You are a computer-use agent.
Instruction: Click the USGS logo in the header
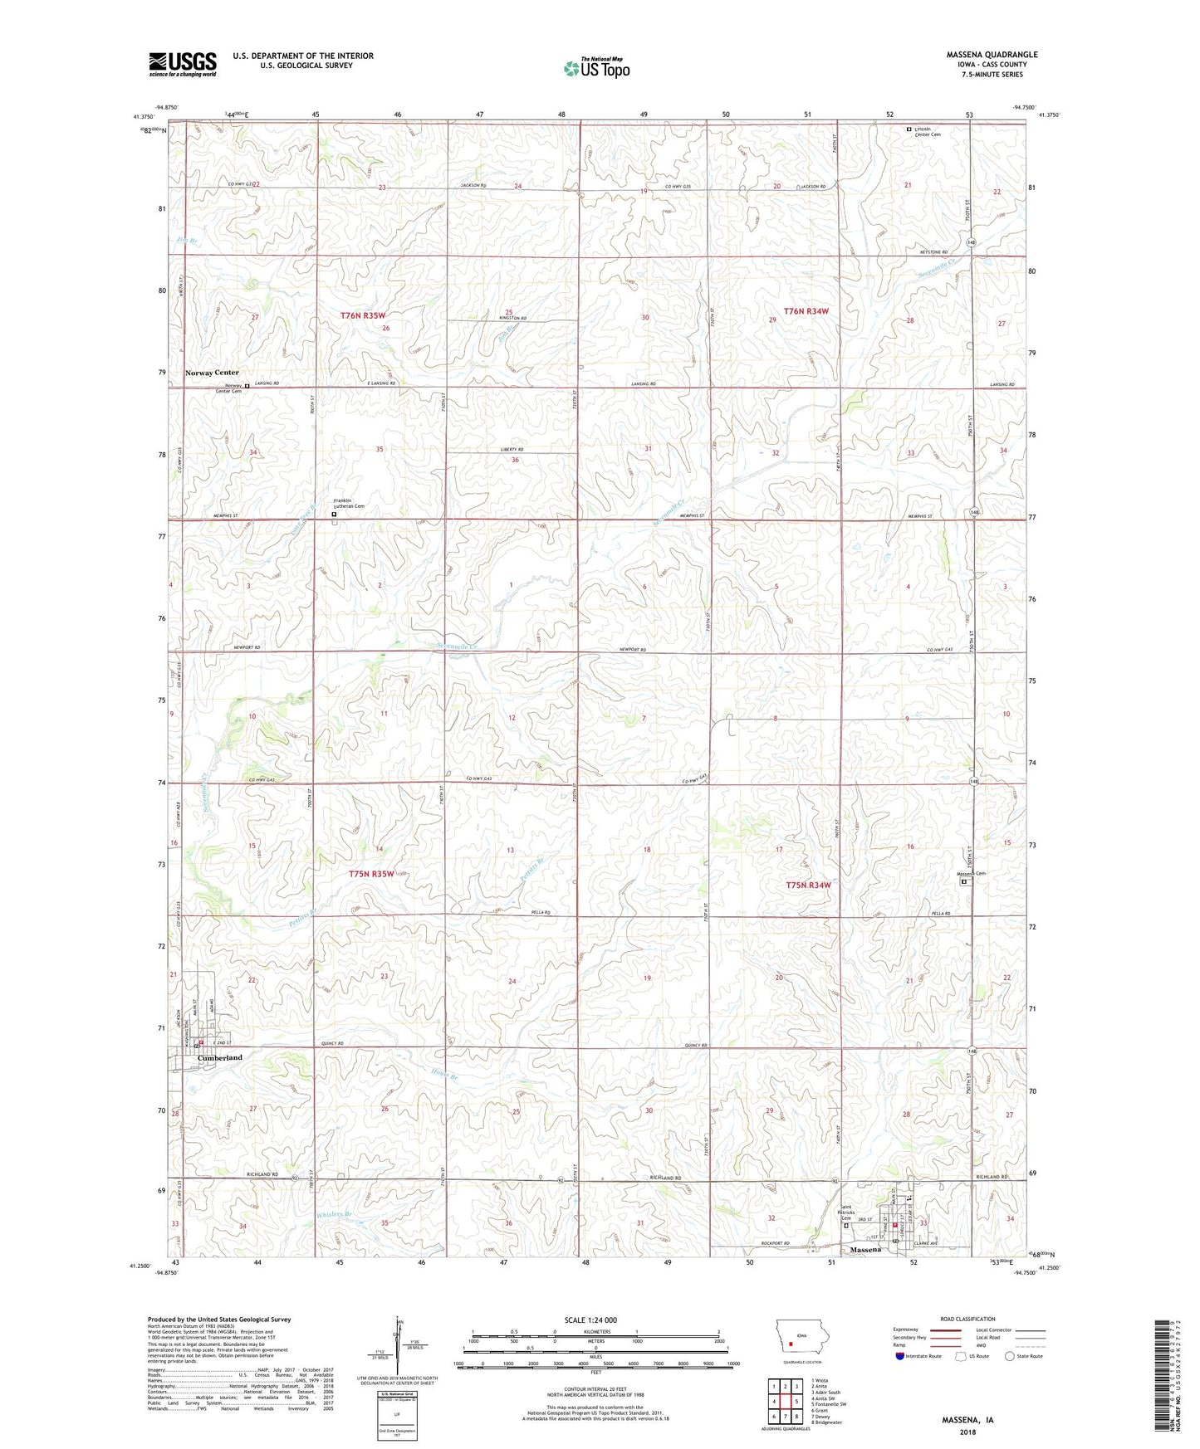tap(183, 63)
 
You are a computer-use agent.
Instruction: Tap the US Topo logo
tap(595, 68)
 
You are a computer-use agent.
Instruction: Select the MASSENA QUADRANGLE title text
tap(992, 55)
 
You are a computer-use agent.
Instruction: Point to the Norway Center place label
tap(212, 373)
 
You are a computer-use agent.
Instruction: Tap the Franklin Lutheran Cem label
tap(349, 504)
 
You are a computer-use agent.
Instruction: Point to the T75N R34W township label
tap(807, 885)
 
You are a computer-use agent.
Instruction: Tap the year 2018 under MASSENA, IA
tap(967, 1432)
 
